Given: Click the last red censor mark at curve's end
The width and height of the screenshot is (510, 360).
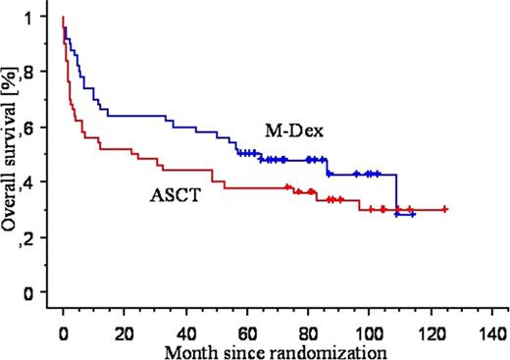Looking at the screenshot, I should point(445,209).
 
